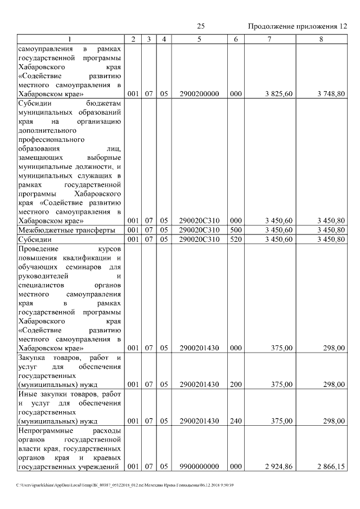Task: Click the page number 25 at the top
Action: (x=201, y=26)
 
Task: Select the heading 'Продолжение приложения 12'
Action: (x=298, y=26)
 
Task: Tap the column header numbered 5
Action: (x=199, y=39)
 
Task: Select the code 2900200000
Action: (x=199, y=94)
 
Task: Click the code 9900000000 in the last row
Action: (x=199, y=466)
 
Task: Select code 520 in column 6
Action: (x=236, y=239)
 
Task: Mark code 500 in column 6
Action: (x=236, y=230)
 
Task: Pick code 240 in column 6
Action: (x=236, y=420)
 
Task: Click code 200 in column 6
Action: (x=236, y=384)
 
